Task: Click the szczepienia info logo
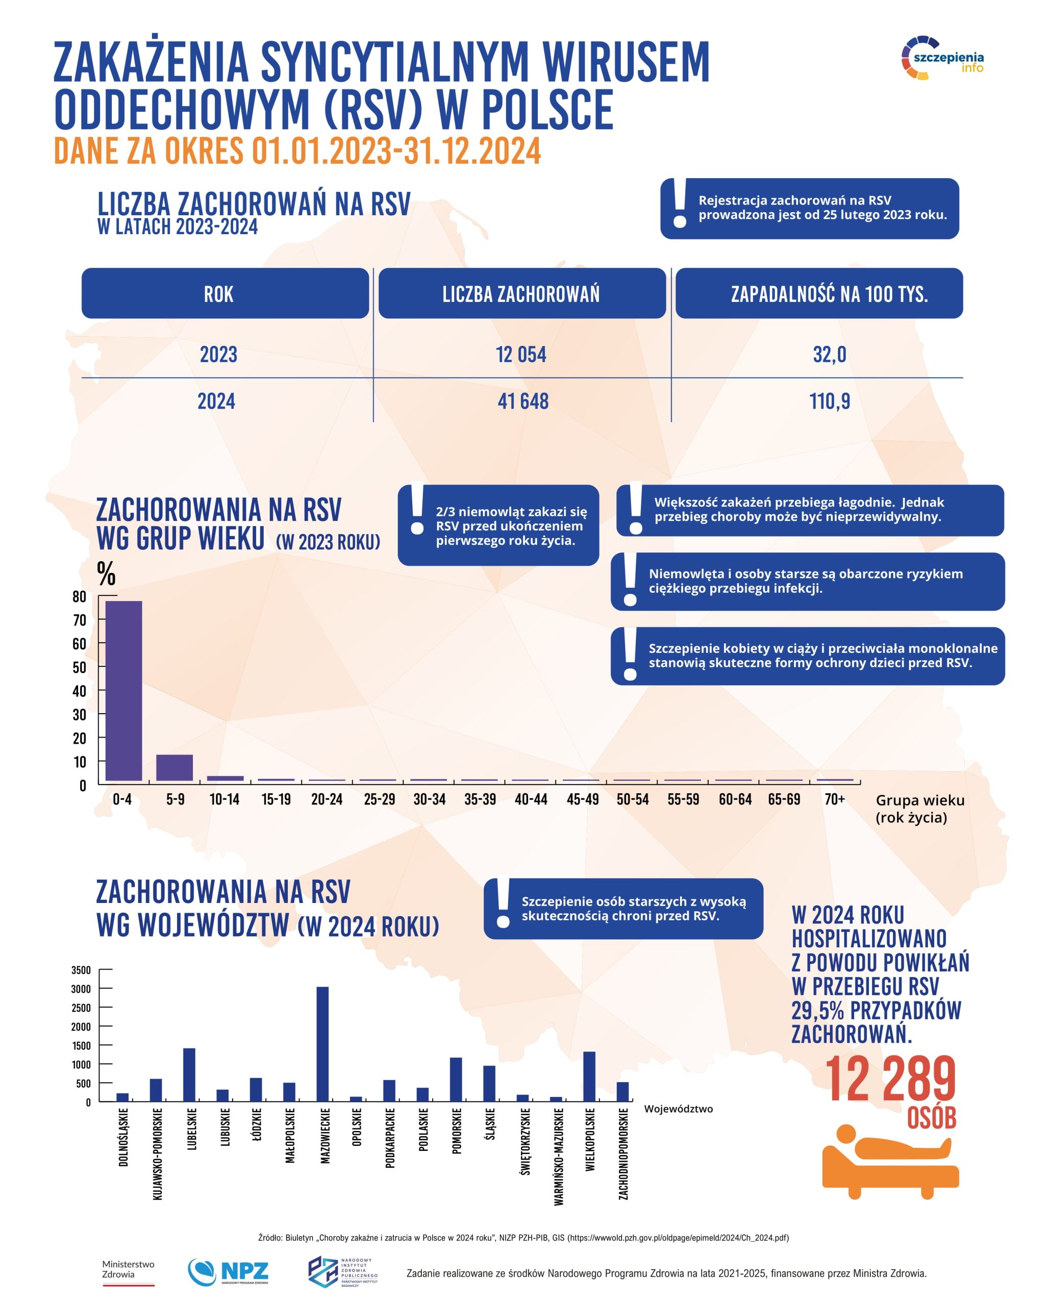pyautogui.click(x=942, y=59)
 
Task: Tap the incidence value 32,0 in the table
pyautogui.click(x=829, y=355)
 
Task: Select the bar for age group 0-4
pyautogui.click(x=123, y=691)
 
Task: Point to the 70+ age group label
pyautogui.click(x=834, y=799)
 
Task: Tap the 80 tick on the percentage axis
pyautogui.click(x=80, y=597)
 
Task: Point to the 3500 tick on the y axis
pyautogui.click(x=81, y=970)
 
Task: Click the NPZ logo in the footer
pyautogui.click(x=229, y=1271)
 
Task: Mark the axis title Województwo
pyautogui.click(x=678, y=1109)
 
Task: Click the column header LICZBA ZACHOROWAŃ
pyautogui.click(x=521, y=293)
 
